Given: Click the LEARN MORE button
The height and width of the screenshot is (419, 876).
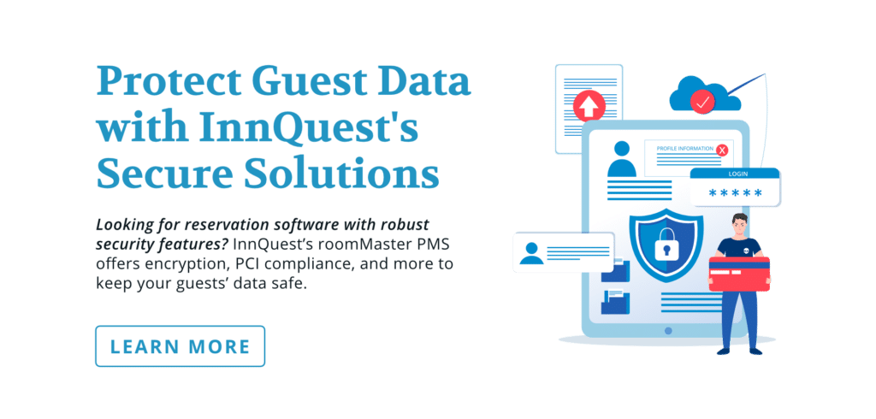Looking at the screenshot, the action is pyautogui.click(x=181, y=346).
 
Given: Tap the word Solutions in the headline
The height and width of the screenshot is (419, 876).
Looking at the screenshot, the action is pyautogui.click(x=363, y=174).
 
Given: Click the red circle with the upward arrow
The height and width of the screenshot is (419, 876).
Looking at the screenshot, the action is pyautogui.click(x=589, y=107).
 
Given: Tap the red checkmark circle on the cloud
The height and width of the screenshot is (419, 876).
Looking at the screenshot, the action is pyautogui.click(x=702, y=103).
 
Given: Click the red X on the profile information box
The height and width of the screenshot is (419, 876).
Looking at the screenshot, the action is pyautogui.click(x=722, y=150).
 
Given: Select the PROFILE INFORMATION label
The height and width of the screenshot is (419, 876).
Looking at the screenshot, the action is pyautogui.click(x=685, y=149).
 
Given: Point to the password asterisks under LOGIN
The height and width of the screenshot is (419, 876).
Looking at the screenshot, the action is pyautogui.click(x=736, y=193).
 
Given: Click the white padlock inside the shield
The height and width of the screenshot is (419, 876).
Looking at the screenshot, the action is pyautogui.click(x=666, y=250).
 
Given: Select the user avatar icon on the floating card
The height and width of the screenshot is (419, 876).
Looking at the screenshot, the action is pyautogui.click(x=532, y=252).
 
